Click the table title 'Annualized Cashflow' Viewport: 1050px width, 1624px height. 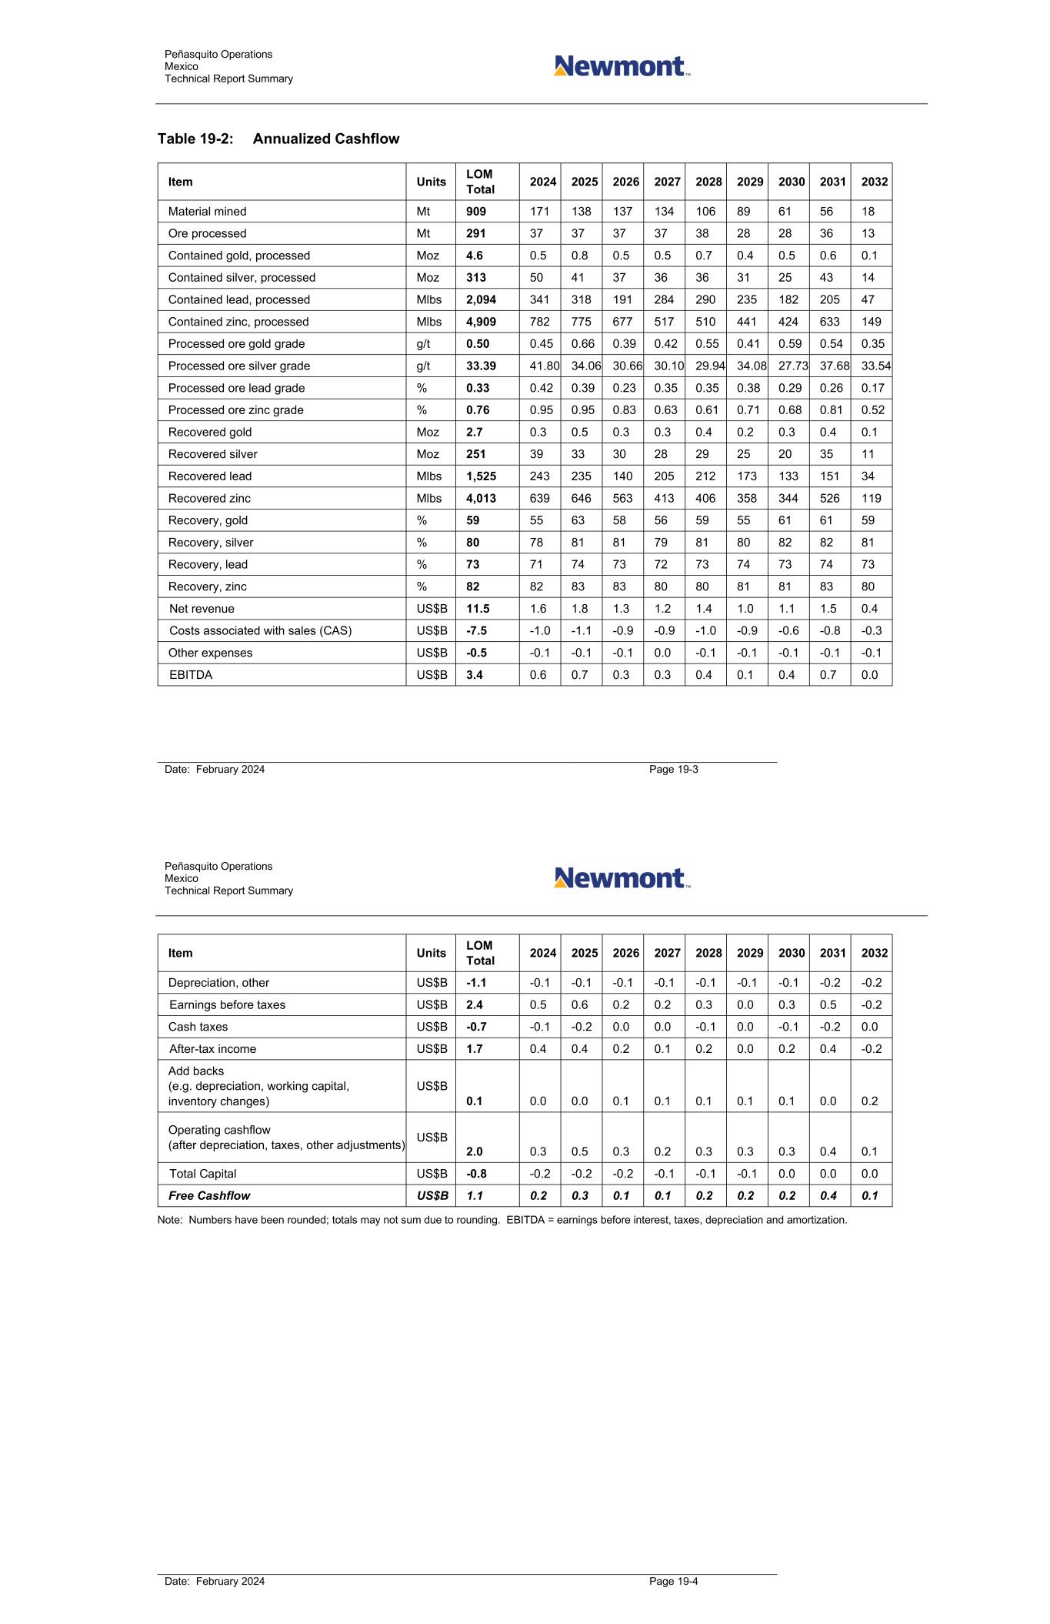[325, 139]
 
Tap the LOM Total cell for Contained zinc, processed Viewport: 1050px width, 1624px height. [481, 322]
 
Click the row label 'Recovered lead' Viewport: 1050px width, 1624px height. [210, 476]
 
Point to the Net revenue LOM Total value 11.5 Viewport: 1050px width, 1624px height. [478, 609]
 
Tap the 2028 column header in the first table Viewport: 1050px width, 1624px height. [708, 182]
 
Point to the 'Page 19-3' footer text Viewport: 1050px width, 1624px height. [673, 770]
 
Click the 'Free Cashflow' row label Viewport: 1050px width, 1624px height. [209, 1195]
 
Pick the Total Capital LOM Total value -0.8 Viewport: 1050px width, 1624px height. [476, 1174]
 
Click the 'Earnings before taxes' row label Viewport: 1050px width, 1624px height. [227, 1004]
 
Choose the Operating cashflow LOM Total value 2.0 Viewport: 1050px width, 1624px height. [475, 1151]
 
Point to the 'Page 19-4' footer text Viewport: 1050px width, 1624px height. [673, 1582]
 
